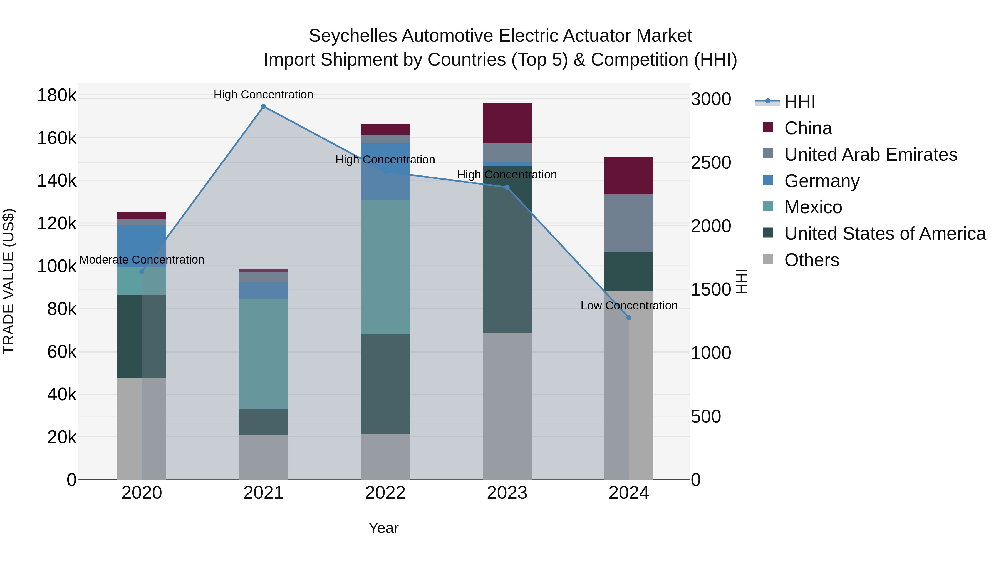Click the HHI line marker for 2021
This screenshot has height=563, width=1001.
click(x=264, y=106)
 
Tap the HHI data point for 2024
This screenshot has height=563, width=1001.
click(x=629, y=318)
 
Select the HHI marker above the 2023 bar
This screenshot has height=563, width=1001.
click(x=507, y=187)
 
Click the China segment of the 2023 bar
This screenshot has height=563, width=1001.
click(x=507, y=123)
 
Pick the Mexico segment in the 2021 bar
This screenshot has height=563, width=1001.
click(x=264, y=354)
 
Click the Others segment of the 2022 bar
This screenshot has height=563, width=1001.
click(x=385, y=456)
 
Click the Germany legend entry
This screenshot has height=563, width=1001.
click(x=821, y=181)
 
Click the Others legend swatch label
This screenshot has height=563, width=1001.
click(x=811, y=260)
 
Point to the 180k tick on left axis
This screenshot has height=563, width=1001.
click(x=57, y=95)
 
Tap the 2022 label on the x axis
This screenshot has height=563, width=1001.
click(x=385, y=493)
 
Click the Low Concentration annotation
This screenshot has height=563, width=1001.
click(x=629, y=306)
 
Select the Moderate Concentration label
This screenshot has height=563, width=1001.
click(x=142, y=260)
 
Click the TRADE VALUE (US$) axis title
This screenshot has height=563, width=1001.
click(x=9, y=281)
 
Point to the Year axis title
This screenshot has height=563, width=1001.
click(x=383, y=528)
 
